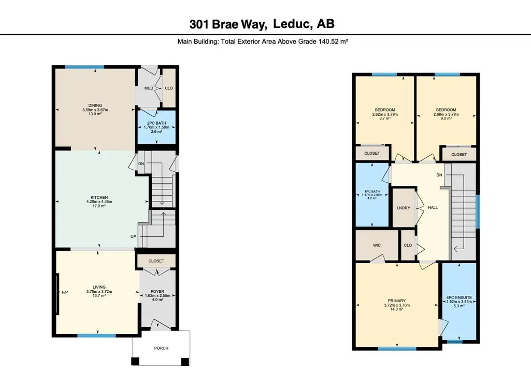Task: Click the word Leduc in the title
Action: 291,24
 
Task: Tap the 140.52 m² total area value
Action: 333,42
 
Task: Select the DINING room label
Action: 95,105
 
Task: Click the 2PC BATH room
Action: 156,127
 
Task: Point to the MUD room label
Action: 149,88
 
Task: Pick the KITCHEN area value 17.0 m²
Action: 99,206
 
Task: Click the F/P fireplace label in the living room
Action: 65,292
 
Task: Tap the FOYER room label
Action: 157,291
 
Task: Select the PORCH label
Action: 161,348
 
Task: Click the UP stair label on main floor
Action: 133,236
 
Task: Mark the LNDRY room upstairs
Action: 404,208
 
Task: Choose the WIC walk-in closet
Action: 377,246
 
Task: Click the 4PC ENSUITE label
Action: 459,297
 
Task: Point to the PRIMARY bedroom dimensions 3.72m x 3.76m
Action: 397,305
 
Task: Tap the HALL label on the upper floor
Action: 433,208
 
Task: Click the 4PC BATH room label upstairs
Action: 372,192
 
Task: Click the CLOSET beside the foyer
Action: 156,261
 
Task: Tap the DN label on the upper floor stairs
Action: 439,175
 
